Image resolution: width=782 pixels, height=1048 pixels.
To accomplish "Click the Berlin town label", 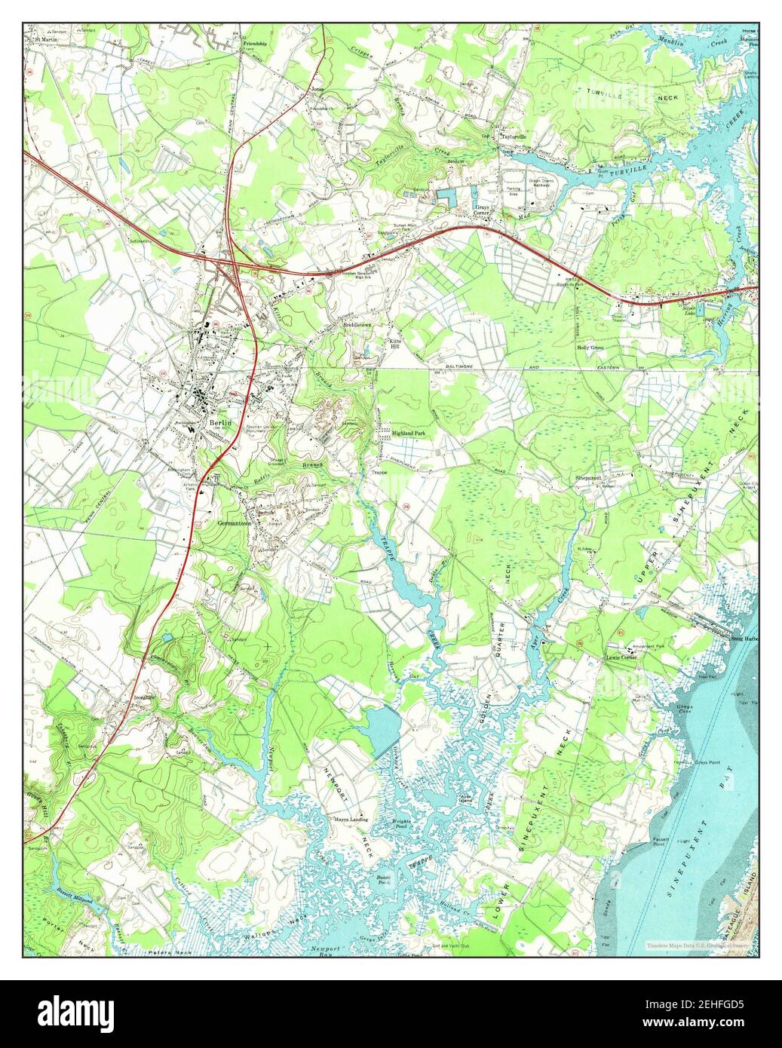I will (x=216, y=424).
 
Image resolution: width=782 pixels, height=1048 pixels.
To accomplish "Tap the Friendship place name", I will (x=255, y=44).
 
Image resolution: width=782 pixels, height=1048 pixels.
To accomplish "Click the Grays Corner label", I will (x=482, y=209).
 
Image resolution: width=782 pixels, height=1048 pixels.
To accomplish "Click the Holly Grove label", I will (x=592, y=348).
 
